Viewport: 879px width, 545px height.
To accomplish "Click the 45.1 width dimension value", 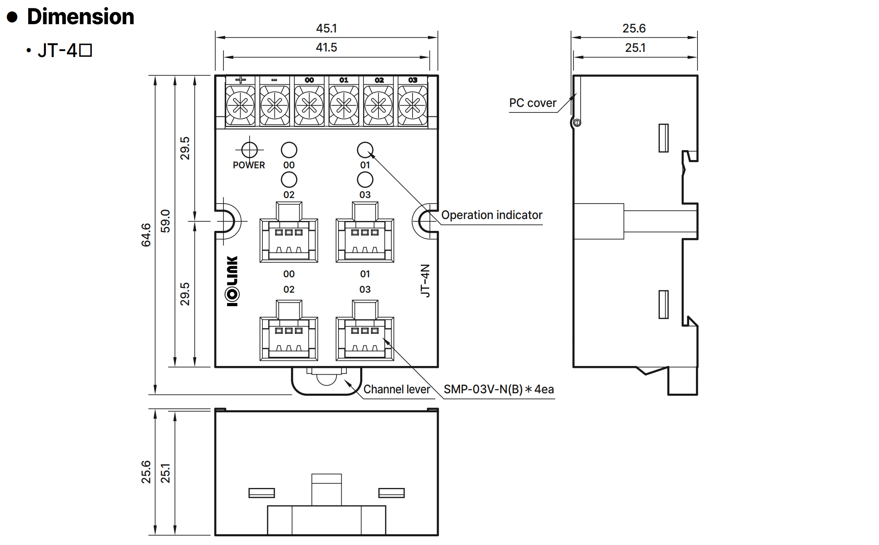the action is (x=326, y=28).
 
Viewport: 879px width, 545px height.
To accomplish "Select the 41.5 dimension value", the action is (x=326, y=48).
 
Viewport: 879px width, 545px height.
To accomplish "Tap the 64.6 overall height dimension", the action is (x=146, y=235).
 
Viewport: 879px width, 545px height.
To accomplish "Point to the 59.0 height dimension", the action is (x=165, y=221).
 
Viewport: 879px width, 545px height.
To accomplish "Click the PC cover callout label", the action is (x=533, y=103).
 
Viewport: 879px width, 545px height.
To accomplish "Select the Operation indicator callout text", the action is (x=491, y=215).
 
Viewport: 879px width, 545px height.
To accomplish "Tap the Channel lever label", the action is (x=397, y=389).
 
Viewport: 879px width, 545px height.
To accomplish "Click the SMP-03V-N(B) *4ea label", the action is (x=499, y=389).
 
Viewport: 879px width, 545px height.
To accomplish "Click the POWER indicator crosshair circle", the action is (x=249, y=150).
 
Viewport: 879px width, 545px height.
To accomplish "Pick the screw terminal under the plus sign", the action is (x=240, y=106).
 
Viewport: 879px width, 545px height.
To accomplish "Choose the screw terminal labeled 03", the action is (x=413, y=106).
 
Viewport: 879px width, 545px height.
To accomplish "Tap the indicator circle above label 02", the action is (x=289, y=180).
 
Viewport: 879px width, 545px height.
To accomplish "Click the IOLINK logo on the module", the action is (x=232, y=281).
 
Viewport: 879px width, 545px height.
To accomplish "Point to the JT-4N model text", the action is (x=425, y=280).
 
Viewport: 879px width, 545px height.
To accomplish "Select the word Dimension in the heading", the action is (x=81, y=17).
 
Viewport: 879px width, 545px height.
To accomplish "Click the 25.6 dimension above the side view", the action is (x=634, y=28).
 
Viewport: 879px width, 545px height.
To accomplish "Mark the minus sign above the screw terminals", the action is (x=274, y=80).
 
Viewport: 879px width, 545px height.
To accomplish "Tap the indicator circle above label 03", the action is (x=365, y=180).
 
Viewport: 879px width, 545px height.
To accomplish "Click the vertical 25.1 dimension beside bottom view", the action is (x=165, y=473).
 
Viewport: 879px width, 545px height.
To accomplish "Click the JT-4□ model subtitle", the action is (x=65, y=51).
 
